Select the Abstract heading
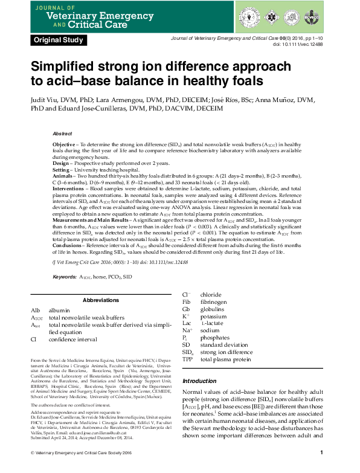[62, 134]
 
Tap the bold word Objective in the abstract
[64, 146]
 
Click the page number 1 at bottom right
[321, 452]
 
